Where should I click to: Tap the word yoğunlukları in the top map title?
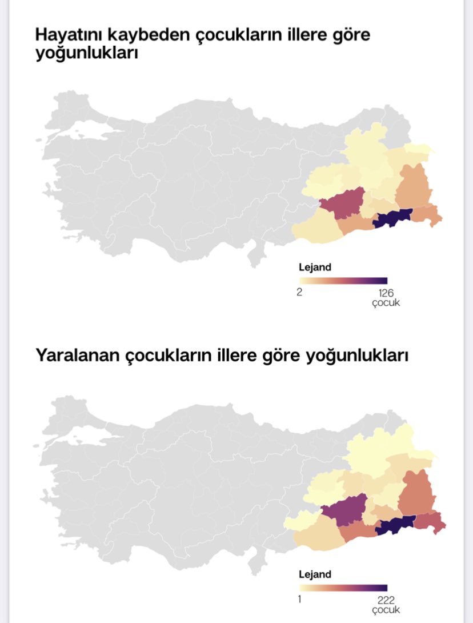pyautogui.click(x=87, y=55)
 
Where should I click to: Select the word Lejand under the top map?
pyautogui.click(x=315, y=267)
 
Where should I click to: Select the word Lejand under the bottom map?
pyautogui.click(x=315, y=573)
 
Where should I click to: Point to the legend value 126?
pyautogui.click(x=387, y=293)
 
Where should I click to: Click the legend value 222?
pyautogui.click(x=387, y=599)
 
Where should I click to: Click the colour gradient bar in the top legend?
pyautogui.click(x=343, y=281)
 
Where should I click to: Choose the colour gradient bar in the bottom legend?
pyautogui.click(x=343, y=587)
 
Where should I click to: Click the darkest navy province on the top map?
pyautogui.click(x=392, y=218)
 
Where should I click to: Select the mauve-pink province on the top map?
pyautogui.click(x=343, y=202)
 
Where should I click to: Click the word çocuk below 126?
pyautogui.click(x=386, y=303)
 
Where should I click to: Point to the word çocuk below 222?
pyautogui.click(x=386, y=609)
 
